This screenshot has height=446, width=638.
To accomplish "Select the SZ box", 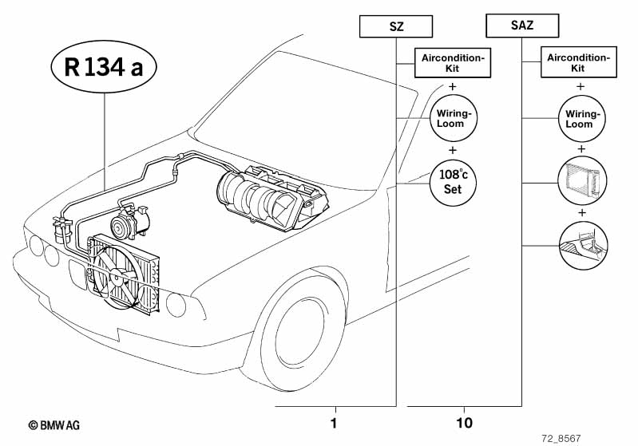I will tap(397, 26).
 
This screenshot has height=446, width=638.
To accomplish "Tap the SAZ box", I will tap(522, 26).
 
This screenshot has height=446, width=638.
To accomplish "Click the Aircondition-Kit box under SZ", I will tap(453, 63).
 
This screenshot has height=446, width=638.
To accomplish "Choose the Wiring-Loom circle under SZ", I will tap(452, 118).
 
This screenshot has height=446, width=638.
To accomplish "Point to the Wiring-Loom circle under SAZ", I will tap(580, 118).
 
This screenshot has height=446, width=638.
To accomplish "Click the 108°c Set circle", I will tap(452, 182).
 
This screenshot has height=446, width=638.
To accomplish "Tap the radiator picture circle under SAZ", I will tap(580, 181).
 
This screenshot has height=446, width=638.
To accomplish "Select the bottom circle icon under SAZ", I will tap(580, 245).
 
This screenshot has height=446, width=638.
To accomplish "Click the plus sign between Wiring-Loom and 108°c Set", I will tap(452, 150).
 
